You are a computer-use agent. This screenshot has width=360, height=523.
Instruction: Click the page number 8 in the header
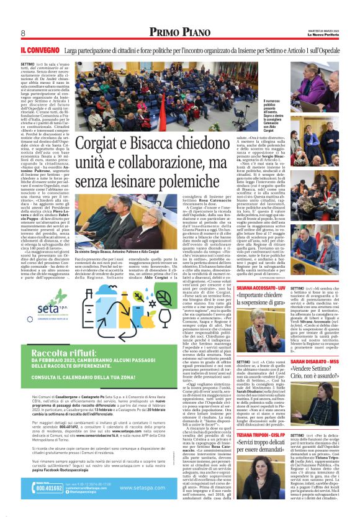(x=22, y=33)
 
